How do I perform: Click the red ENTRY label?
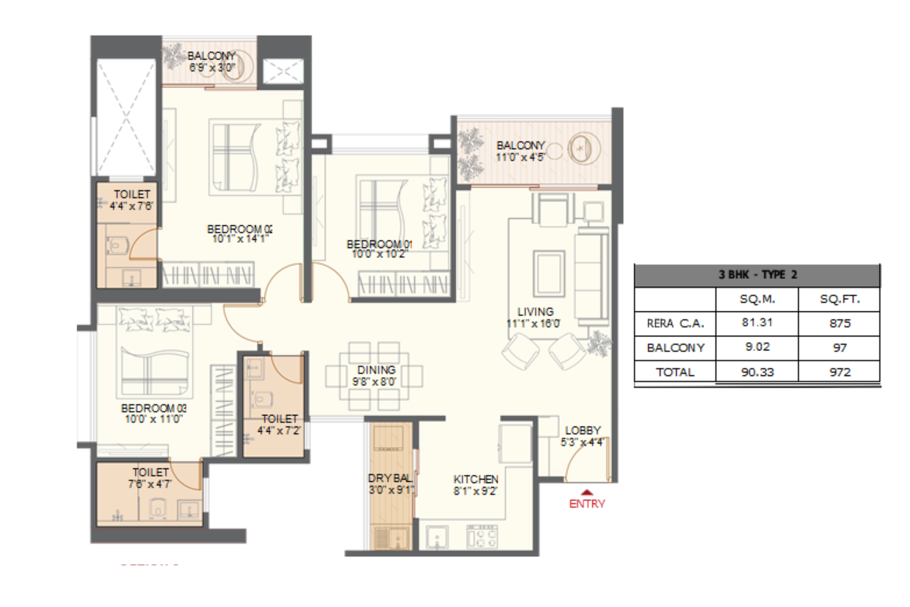click(587, 503)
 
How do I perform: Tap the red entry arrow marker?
click(587, 493)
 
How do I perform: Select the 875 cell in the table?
click(839, 323)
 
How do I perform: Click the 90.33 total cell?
click(757, 372)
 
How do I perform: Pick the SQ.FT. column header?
click(839, 299)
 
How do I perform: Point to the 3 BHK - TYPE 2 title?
click(757, 275)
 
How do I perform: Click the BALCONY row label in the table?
click(675, 348)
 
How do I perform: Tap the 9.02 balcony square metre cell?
click(757, 347)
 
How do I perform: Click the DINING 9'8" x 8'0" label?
click(375, 375)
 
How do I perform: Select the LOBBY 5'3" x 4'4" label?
click(582, 436)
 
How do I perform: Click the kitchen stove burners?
click(482, 536)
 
